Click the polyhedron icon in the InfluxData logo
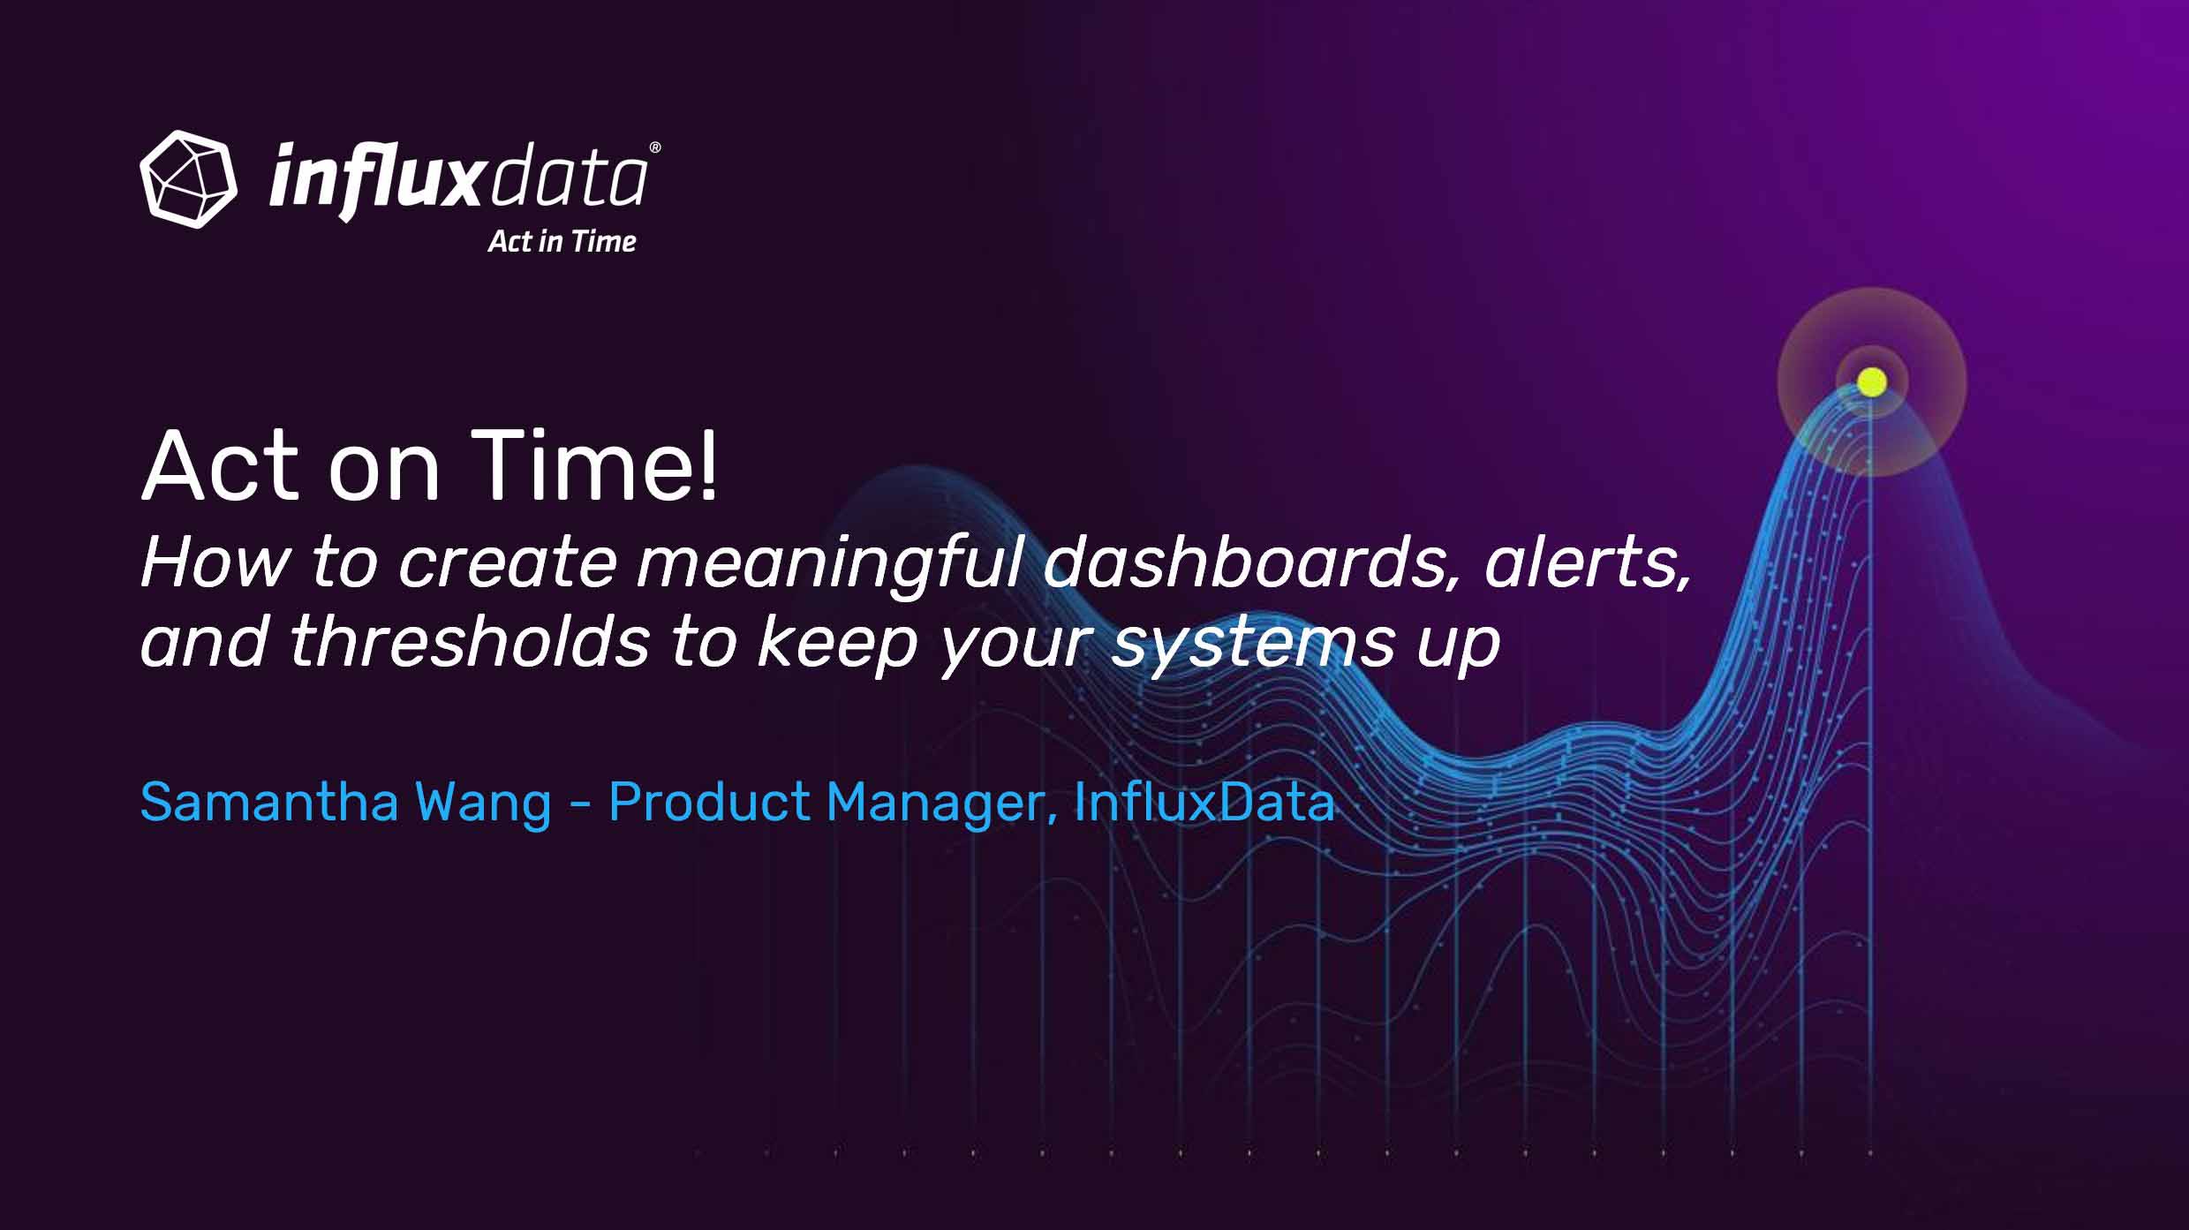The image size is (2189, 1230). coord(188,179)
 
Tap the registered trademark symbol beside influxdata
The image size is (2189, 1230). coord(654,147)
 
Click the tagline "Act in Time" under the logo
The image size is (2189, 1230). coord(562,242)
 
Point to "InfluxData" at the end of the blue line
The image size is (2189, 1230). coord(1204,802)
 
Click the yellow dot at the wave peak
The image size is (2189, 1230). coord(1871,382)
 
